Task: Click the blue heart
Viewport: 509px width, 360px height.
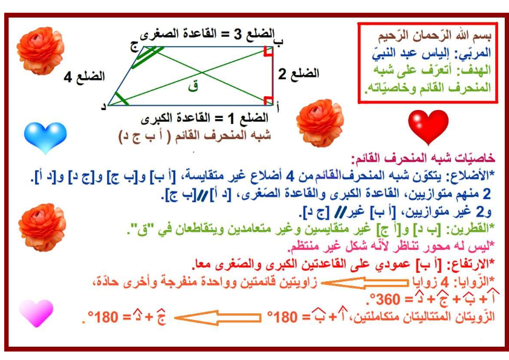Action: (45, 137)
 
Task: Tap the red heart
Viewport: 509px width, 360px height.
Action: (428, 126)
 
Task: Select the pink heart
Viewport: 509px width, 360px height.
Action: (36, 313)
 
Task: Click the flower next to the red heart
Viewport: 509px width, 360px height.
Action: (320, 123)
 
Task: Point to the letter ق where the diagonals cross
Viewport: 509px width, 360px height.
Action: (193, 87)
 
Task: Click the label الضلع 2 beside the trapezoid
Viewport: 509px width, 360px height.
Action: (299, 74)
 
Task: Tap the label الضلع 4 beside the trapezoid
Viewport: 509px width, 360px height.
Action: (84, 77)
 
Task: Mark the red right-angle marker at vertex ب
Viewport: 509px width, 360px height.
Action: (268, 51)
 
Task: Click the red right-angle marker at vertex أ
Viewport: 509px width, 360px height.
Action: (268, 100)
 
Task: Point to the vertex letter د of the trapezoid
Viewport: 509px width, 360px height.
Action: (104, 106)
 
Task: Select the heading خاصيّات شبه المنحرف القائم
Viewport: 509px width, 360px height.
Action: (423, 159)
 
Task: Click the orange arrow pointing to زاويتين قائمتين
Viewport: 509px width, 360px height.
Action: (365, 283)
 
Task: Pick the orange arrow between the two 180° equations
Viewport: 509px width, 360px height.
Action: (218, 318)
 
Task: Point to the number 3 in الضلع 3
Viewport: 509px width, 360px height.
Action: (238, 34)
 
